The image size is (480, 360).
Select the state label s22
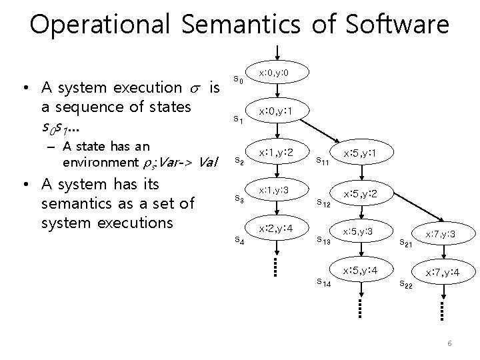click(x=405, y=285)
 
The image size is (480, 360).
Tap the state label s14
click(x=325, y=282)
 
